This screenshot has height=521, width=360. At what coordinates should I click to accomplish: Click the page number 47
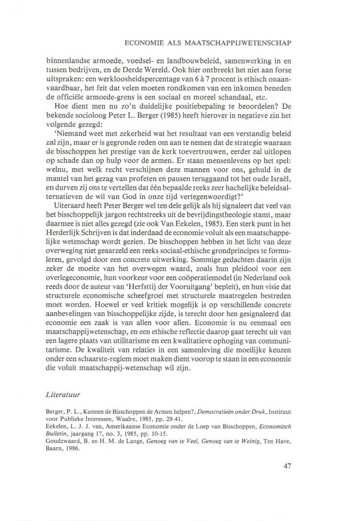pyautogui.click(x=287, y=466)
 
